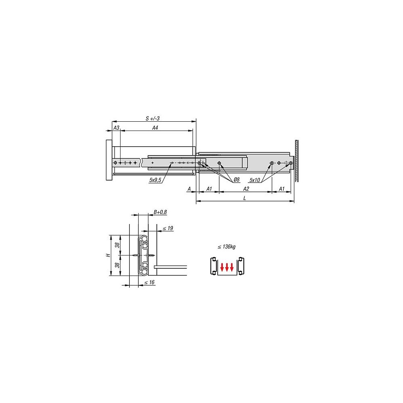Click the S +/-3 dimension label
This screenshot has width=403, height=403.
pos(153,118)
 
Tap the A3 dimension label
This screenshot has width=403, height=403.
pos(116,128)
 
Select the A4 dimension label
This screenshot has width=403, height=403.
pos(155,128)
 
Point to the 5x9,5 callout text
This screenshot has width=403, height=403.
pos(155,180)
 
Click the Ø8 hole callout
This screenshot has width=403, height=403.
pos(237,180)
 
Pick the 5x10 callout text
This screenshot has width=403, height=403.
pos(255,180)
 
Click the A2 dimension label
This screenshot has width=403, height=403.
pos(246,189)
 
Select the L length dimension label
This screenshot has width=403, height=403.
pos(245,198)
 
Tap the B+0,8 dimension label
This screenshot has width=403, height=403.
pos(160,212)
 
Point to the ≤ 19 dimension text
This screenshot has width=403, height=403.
pos(168,228)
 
